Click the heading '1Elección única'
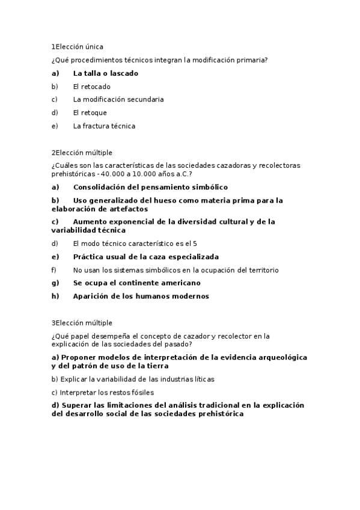(77, 46)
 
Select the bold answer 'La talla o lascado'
(105, 73)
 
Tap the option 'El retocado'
(91, 87)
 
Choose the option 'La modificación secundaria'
(118, 100)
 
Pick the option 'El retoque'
(90, 112)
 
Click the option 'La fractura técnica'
(104, 126)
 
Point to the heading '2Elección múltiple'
(82, 153)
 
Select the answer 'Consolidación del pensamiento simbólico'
(150, 187)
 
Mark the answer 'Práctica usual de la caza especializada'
(145, 257)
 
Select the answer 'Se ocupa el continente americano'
(136, 283)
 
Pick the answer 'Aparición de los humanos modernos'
(141, 296)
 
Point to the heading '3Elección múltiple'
(82, 323)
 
